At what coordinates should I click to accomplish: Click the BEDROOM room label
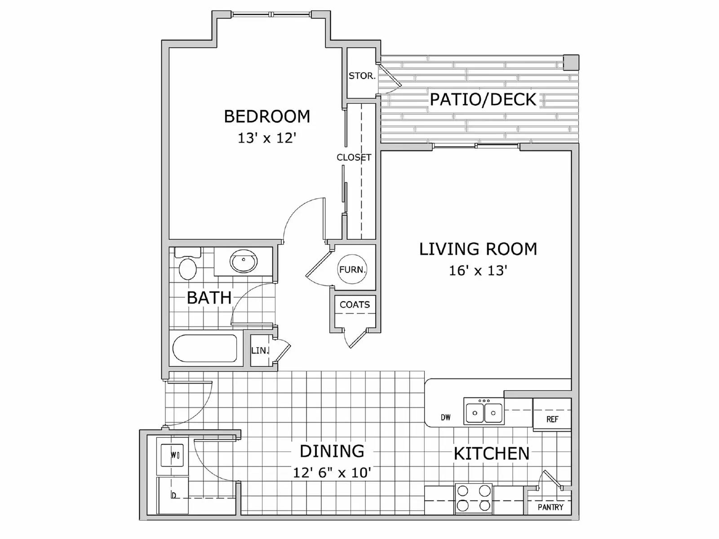[267, 116]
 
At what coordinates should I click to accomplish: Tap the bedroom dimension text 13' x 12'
[267, 137]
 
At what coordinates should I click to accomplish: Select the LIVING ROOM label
[478, 249]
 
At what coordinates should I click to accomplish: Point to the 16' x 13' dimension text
[478, 270]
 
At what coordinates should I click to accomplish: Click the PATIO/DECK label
[483, 99]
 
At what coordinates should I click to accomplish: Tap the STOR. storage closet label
[362, 76]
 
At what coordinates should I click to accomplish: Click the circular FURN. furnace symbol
[352, 269]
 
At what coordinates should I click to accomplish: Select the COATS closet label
[355, 305]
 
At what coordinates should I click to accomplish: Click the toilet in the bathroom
[187, 268]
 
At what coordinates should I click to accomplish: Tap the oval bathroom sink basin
[244, 261]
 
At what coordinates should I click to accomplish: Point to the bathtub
[205, 349]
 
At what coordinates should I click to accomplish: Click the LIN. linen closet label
[260, 350]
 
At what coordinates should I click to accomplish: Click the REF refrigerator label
[552, 419]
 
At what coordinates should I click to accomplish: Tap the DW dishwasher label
[445, 417]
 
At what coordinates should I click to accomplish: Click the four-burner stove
[474, 499]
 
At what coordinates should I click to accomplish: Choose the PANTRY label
[550, 507]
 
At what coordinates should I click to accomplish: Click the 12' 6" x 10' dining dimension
[332, 473]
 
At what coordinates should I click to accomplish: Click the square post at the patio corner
[571, 62]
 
